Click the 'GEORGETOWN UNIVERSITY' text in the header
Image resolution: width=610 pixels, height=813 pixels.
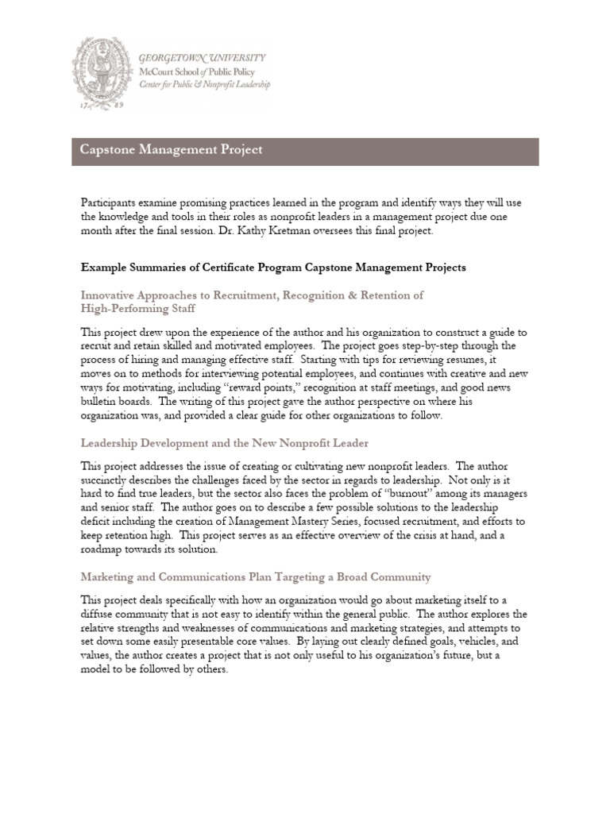pos(202,59)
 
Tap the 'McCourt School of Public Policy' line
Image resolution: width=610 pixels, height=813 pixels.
pos(195,71)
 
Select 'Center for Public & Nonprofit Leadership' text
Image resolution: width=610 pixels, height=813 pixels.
pos(204,84)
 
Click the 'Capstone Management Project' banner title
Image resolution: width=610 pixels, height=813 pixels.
pos(171,149)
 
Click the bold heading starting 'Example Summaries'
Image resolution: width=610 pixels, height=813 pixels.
pos(273,268)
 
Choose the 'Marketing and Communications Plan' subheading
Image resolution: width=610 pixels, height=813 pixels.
pos(256,576)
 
